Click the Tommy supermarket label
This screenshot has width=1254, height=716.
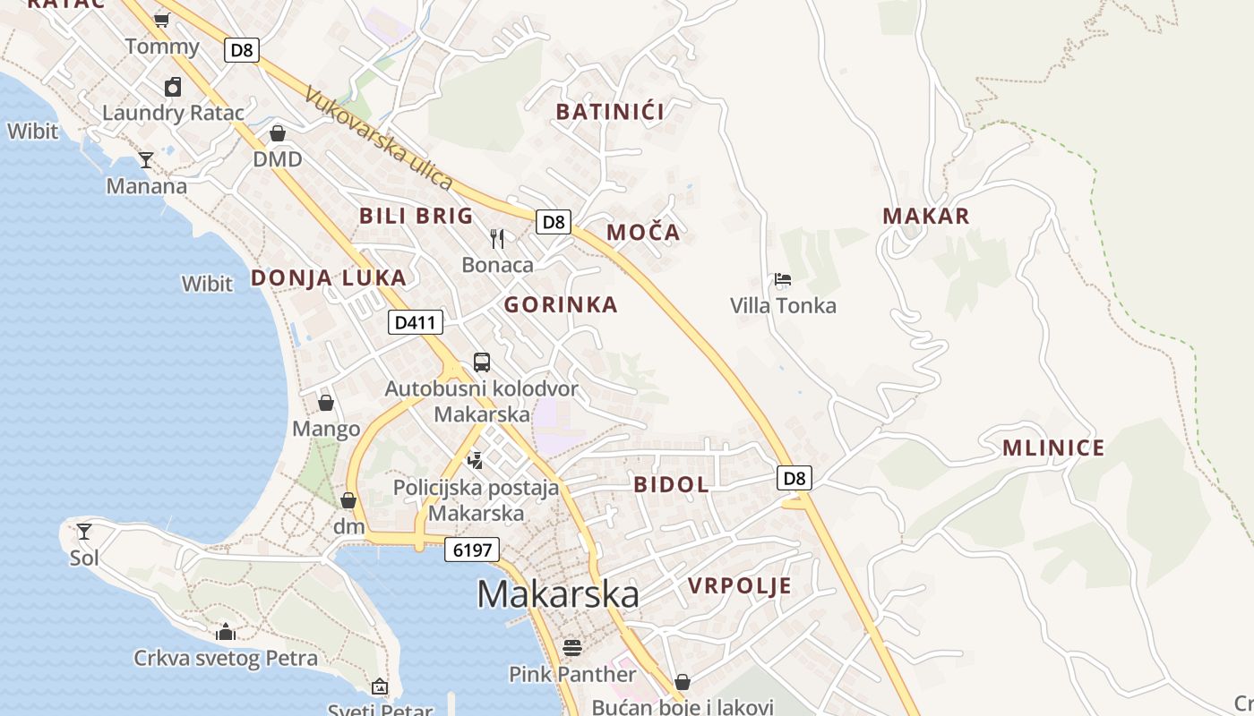[x=162, y=47]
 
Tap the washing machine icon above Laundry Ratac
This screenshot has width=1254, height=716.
[x=173, y=87]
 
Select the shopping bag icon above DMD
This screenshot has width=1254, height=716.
[x=278, y=133]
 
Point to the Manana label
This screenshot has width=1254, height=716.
[x=147, y=186]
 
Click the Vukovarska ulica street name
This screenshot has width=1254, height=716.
[x=378, y=138]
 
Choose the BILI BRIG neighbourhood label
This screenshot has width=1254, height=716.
[x=416, y=216]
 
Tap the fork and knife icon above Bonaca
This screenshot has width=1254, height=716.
[x=498, y=238]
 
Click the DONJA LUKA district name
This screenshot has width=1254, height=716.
[x=329, y=278]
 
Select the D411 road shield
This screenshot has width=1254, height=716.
[x=416, y=322]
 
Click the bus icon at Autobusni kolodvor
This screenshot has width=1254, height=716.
[x=482, y=362]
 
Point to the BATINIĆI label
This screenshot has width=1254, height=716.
[x=610, y=112]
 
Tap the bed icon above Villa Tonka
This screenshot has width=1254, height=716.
[x=783, y=279]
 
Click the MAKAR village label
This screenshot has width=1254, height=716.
[x=926, y=217]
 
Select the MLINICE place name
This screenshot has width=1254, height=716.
[x=1053, y=448]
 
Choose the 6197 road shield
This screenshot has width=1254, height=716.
[x=472, y=550]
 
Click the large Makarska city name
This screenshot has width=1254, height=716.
[x=558, y=594]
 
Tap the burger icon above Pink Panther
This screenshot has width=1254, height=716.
[x=572, y=647]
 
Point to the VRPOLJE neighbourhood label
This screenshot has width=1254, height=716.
[x=740, y=586]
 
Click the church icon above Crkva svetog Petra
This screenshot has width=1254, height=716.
[x=226, y=632]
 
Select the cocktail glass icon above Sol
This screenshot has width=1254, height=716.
[x=84, y=532]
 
